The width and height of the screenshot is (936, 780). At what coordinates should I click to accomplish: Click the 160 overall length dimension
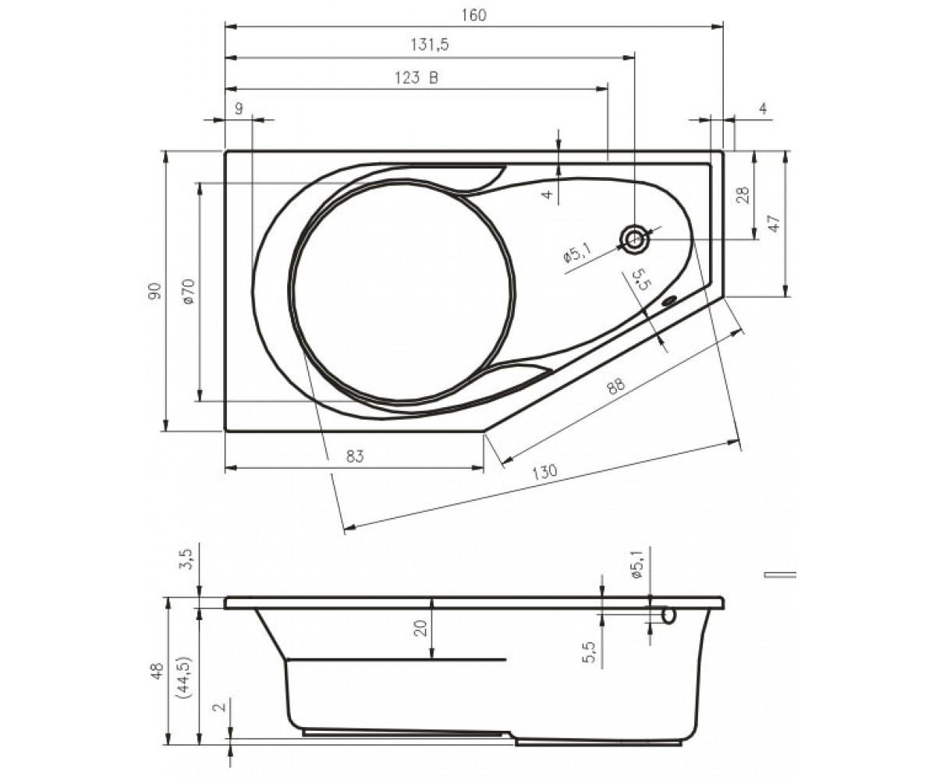point(473,16)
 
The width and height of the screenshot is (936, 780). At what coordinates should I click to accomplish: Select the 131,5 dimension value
point(430,44)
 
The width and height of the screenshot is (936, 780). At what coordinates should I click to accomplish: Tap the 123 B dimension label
point(417,78)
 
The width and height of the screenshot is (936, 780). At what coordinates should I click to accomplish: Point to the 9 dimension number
point(239,108)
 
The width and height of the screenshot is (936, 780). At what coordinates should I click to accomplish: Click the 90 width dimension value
point(155,291)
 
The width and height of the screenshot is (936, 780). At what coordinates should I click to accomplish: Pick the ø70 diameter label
point(188,292)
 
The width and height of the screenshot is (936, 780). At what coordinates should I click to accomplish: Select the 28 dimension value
point(743,195)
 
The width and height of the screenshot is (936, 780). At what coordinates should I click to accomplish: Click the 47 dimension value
point(775,223)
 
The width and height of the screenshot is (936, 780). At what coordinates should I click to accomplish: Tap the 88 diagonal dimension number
point(615,386)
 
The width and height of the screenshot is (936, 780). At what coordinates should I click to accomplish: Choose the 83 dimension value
point(355,456)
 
